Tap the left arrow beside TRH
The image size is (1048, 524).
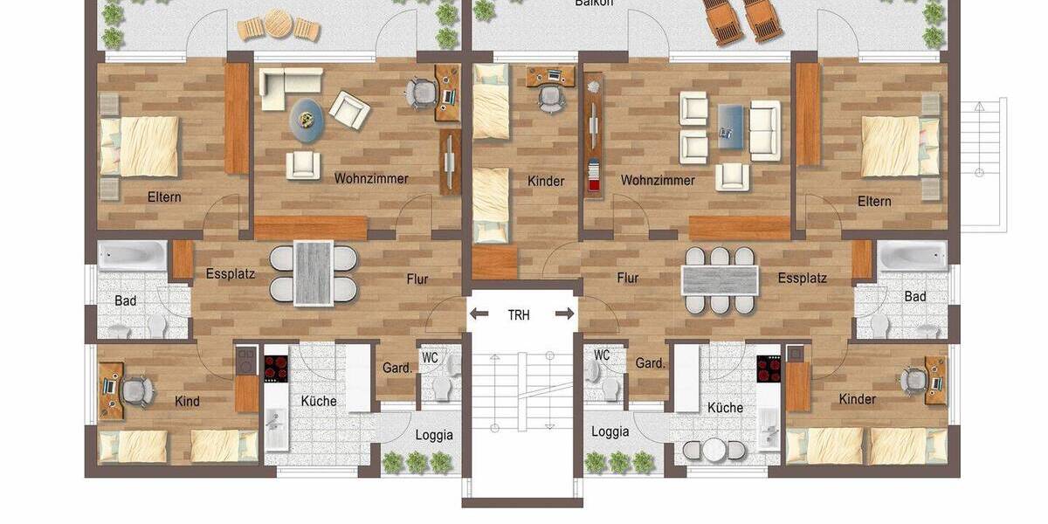tap(477, 314)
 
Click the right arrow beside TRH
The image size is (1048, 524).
tap(567, 314)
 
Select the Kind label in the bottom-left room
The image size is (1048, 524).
tap(187, 402)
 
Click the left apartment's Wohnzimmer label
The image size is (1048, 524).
tap(371, 178)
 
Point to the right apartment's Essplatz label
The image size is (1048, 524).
tap(803, 279)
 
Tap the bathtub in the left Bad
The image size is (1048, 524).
tap(132, 255)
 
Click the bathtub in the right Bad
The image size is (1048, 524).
tap(912, 255)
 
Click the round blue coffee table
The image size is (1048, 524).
tap(307, 117)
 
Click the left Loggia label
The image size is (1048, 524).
tap(434, 434)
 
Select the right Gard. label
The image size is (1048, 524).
tap(650, 362)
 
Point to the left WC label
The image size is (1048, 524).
tap(430, 357)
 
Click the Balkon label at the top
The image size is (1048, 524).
tap(594, 3)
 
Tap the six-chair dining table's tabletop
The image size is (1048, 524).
tap(720, 280)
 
